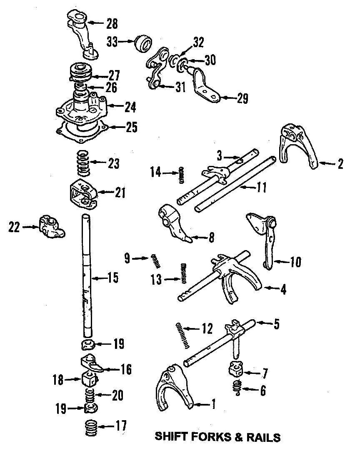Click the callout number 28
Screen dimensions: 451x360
pos(112,24)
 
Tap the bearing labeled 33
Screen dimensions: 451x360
pos(142,43)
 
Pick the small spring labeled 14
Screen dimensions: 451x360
pos(181,175)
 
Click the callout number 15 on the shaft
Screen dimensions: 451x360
pos(112,277)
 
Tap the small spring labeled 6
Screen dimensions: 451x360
pos(237,387)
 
